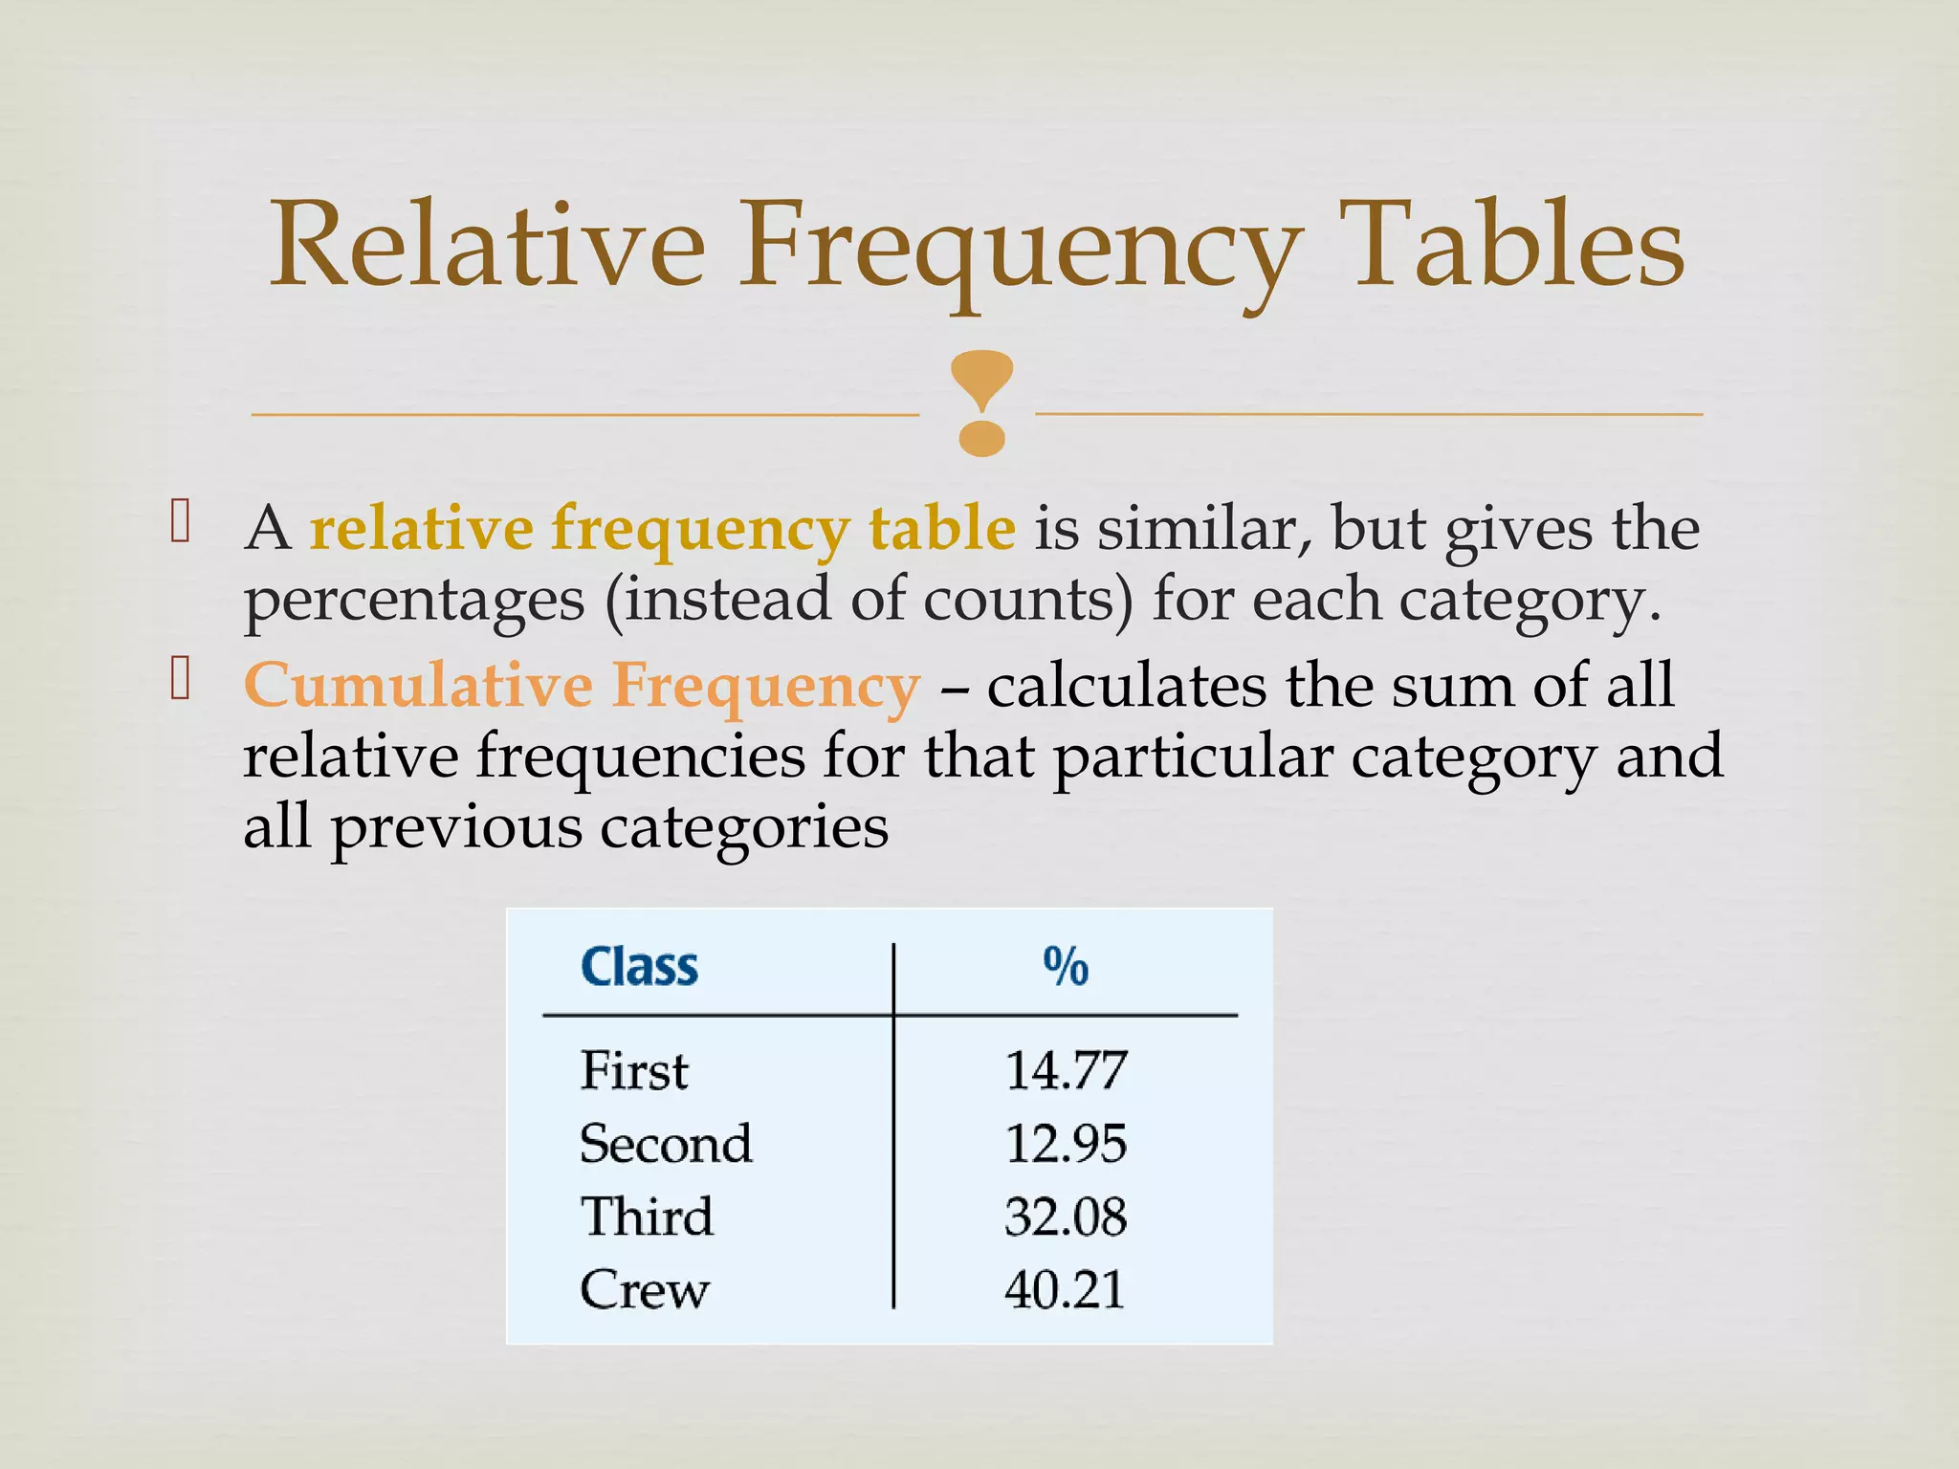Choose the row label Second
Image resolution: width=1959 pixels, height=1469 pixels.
point(666,1143)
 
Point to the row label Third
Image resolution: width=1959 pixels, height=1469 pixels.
point(647,1217)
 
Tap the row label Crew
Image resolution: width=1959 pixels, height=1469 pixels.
point(645,1289)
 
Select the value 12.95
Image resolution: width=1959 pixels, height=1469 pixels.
point(1066,1143)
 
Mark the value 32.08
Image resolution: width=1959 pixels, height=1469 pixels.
point(1066,1217)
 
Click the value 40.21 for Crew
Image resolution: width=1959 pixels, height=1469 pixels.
point(1065,1289)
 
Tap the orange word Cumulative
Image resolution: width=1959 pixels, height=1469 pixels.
point(419,685)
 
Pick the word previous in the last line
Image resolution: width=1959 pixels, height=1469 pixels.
point(456,828)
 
